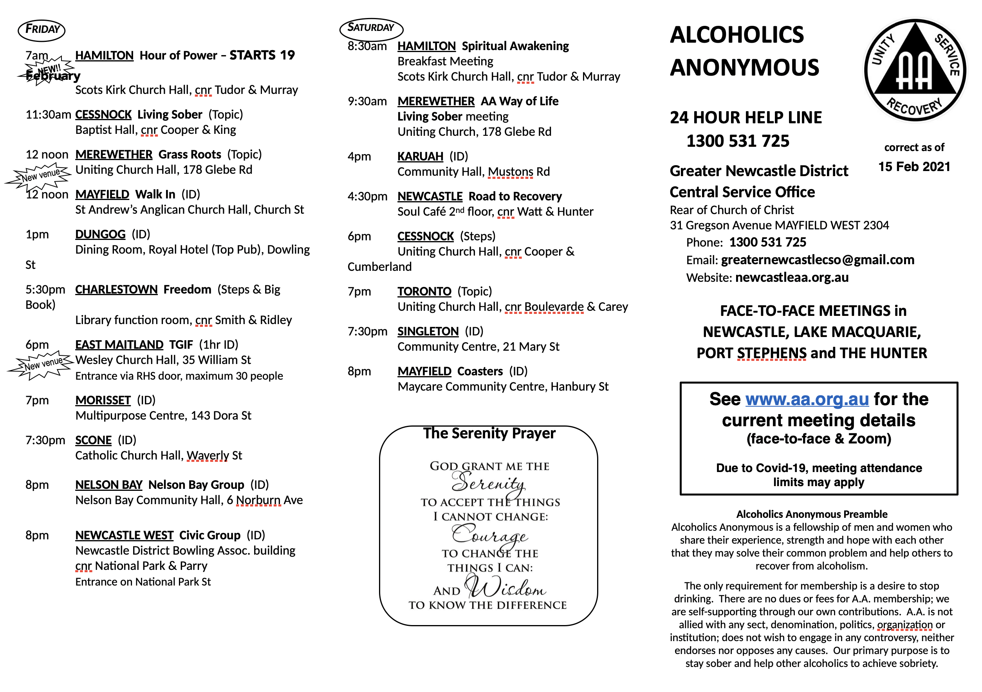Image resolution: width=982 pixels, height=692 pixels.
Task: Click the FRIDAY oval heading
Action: pyautogui.click(x=42, y=30)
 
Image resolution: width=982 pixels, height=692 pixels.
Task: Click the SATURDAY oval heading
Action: pyautogui.click(x=371, y=28)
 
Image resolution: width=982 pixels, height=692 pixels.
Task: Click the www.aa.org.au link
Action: pyautogui.click(x=807, y=399)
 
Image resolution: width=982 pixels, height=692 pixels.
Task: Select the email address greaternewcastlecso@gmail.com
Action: pyautogui.click(x=817, y=260)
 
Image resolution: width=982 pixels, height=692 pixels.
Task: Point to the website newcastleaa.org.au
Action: pyautogui.click(x=792, y=278)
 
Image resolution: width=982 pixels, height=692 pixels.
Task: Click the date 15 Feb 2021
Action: pyautogui.click(x=914, y=167)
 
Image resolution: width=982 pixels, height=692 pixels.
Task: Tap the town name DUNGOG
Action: pyautogui.click(x=101, y=234)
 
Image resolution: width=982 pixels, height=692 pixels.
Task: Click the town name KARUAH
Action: pyautogui.click(x=420, y=157)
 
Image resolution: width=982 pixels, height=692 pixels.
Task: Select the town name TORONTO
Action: pyautogui.click(x=424, y=292)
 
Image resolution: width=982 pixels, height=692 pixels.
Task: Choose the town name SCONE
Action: pyautogui.click(x=93, y=440)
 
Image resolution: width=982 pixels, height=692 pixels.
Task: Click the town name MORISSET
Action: pyautogui.click(x=103, y=400)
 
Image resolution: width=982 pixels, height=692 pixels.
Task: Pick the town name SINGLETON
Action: pyautogui.click(x=428, y=331)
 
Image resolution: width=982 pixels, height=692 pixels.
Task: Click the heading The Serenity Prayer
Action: pyautogui.click(x=489, y=433)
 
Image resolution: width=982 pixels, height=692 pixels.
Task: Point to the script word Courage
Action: pyautogui.click(x=490, y=535)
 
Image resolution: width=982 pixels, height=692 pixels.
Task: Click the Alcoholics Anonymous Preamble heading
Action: pyautogui.click(x=811, y=514)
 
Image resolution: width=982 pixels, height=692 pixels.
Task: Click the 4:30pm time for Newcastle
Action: pyautogui.click(x=367, y=196)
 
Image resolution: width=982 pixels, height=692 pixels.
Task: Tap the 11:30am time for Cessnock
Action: pyautogui.click(x=48, y=115)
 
